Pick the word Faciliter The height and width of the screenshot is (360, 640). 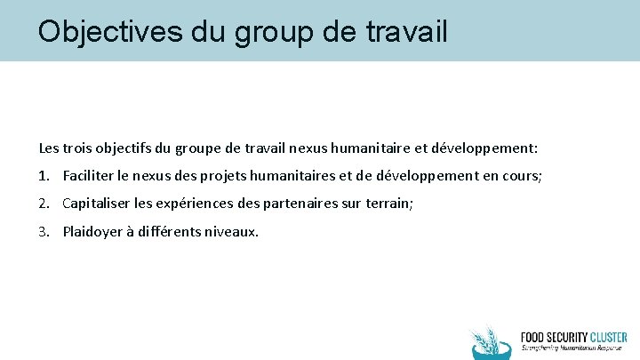coord(90,175)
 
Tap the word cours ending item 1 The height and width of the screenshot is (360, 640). coord(520,175)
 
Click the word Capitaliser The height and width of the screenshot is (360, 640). coord(97,204)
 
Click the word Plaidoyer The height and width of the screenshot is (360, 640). coord(92,233)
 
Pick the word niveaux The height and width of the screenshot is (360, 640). coord(235,233)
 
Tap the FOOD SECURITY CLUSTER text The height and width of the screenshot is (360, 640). coord(573,337)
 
